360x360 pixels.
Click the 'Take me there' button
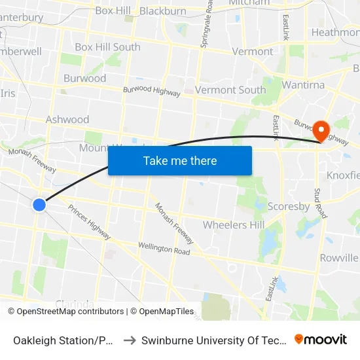coord(180,160)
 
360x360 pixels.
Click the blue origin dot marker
coord(39,205)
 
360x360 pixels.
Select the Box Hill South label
coord(107,47)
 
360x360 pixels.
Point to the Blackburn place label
coord(163,11)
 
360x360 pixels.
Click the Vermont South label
coord(230,90)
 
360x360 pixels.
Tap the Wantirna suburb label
coord(303,85)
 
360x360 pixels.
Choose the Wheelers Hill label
coord(234,225)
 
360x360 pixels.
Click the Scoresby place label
coord(289,206)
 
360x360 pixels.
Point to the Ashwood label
coord(67,120)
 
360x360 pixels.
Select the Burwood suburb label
coord(84,79)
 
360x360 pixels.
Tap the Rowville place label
coord(338,258)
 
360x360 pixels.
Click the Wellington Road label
coord(164,249)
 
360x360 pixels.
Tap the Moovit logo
coord(321,339)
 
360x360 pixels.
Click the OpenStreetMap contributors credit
coord(66,312)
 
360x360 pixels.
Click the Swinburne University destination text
coord(213,340)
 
